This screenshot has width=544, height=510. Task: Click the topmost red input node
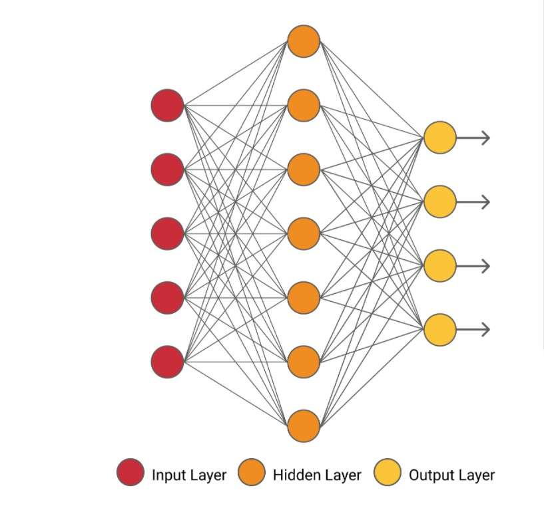coord(167,105)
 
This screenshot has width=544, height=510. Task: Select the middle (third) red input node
coord(167,233)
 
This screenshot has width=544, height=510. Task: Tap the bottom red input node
coord(167,362)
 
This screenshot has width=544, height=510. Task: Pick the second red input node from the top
coord(167,170)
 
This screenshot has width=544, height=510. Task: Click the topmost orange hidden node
coord(304,41)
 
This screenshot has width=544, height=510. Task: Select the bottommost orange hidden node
coord(304,426)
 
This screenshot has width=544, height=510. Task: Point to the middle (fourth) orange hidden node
coord(304,233)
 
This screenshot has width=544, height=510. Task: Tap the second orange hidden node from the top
coord(304,105)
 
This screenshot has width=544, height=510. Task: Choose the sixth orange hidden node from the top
coord(304,362)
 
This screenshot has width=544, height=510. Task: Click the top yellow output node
coord(440,138)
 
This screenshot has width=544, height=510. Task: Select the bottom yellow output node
coord(440,329)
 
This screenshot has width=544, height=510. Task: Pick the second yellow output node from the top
coord(440,201)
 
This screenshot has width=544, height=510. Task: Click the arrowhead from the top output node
coord(486,138)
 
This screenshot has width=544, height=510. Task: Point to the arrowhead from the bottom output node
coord(486,329)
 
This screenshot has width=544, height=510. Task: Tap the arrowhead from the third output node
coord(486,265)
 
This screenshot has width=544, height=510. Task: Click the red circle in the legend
coord(131,473)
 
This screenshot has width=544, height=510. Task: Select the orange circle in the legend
coord(251,473)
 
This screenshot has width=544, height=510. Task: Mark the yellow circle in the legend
coord(388,473)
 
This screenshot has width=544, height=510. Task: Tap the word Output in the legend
coord(431,475)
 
